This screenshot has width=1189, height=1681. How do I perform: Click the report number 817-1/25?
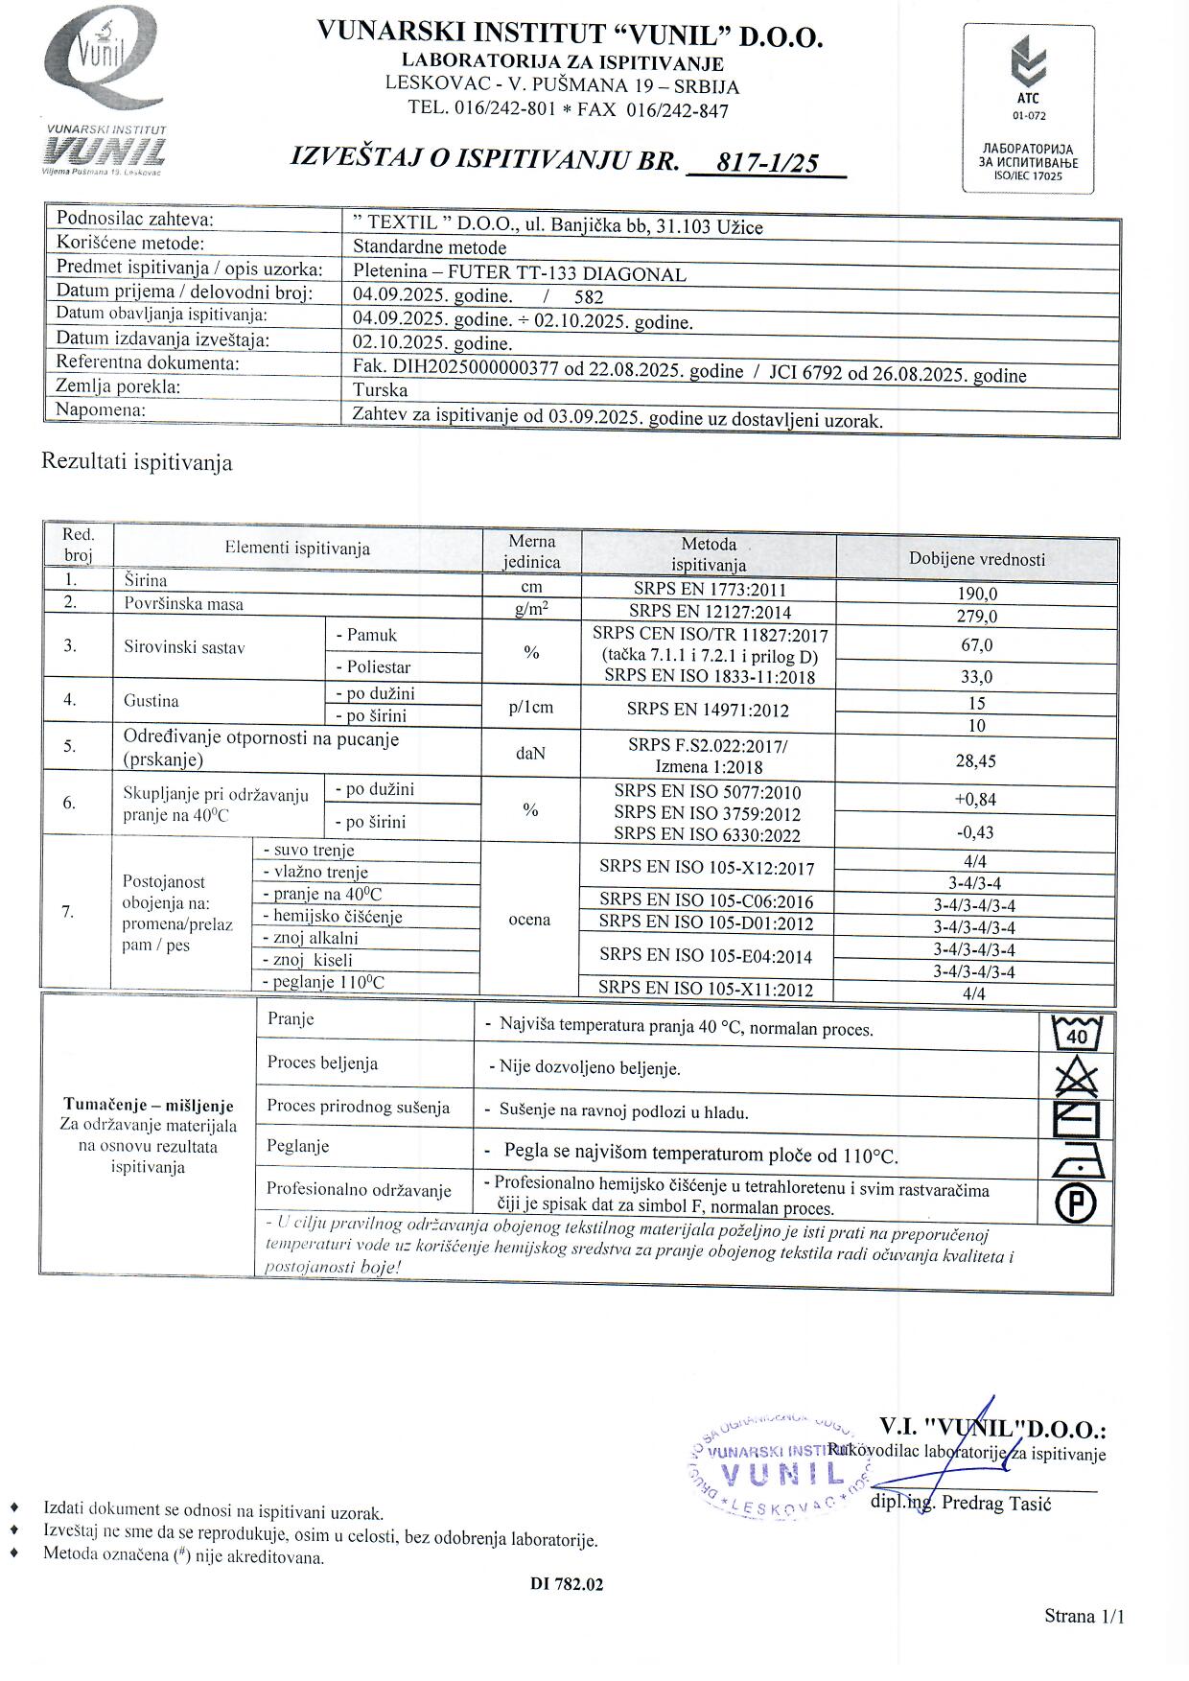(x=767, y=163)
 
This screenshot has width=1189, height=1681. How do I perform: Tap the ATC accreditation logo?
(x=1029, y=107)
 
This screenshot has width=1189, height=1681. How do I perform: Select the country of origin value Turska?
(x=381, y=390)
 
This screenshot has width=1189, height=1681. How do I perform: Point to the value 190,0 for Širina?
(x=977, y=594)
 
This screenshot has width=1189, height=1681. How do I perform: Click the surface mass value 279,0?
(x=977, y=617)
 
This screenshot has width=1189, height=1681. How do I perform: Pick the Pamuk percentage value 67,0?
(x=977, y=645)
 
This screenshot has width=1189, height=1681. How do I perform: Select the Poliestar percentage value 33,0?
(x=977, y=677)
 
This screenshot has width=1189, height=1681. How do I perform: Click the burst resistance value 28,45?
(x=977, y=760)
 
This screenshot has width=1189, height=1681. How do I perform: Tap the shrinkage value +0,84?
(x=977, y=800)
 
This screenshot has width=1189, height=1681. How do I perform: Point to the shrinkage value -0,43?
(x=977, y=832)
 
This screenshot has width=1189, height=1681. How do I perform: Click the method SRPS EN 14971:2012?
(x=708, y=711)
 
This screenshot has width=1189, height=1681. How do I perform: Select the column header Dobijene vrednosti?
(x=977, y=559)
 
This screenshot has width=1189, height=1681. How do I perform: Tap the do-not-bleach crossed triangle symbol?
(x=1077, y=1077)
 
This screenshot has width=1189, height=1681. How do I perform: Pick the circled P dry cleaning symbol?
(x=1077, y=1202)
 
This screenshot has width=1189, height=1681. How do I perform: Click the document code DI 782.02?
(x=567, y=1584)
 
